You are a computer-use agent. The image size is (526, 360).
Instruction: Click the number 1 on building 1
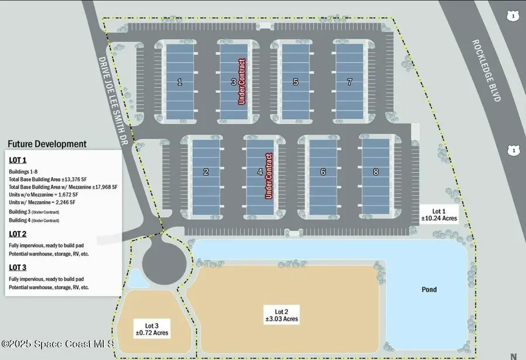179,82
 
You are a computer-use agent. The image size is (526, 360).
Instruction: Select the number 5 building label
296,82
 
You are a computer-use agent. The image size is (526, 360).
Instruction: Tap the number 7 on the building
349,82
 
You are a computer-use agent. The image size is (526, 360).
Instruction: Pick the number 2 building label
206,172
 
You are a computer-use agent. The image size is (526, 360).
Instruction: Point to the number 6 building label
323,172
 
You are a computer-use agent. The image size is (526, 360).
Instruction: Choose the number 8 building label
376,172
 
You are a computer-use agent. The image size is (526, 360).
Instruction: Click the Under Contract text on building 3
241,82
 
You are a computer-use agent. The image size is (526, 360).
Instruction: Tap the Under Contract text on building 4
269,175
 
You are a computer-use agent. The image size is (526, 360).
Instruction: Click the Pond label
429,289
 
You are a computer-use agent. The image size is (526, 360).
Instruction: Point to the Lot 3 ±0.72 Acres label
152,329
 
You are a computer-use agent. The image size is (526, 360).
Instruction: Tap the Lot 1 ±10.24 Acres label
439,214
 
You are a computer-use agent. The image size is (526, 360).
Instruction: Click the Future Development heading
47,144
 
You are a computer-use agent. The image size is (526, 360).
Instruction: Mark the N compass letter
514,356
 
